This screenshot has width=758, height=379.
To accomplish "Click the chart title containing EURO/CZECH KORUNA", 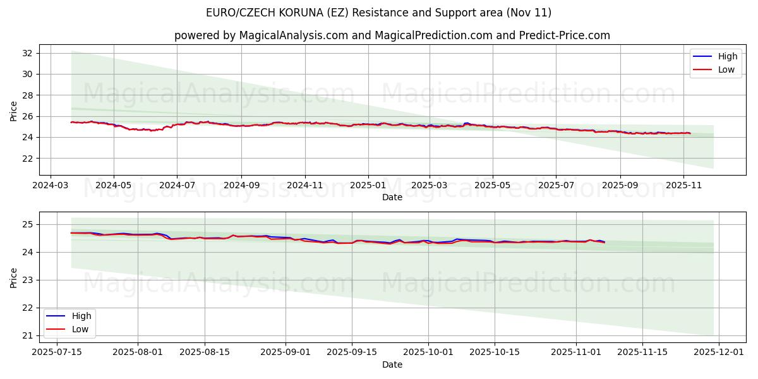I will coord(378,13).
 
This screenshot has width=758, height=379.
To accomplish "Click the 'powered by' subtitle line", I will coord(392,35).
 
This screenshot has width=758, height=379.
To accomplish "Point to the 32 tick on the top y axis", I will coord(28,53).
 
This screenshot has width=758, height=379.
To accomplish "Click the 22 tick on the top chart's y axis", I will coord(28,159).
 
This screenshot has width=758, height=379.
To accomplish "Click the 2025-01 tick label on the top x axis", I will coord(368,186).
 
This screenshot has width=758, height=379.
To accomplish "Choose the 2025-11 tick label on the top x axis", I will coord(684,186).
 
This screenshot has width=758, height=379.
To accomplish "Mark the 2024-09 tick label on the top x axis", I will coord(241,186).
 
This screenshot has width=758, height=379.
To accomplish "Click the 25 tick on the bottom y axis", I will coord(28,224).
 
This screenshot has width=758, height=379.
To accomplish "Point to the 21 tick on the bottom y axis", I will coord(28,335).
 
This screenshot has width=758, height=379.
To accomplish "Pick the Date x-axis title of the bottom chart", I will coord(392,364).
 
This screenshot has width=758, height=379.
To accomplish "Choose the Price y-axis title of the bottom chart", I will coord(13,277).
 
